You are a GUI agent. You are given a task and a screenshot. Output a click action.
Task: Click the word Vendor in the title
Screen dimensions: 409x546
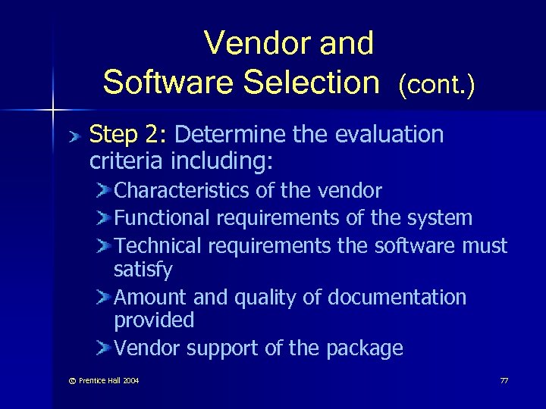[x=247, y=43]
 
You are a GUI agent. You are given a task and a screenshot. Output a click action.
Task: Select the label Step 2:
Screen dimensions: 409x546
[x=127, y=135]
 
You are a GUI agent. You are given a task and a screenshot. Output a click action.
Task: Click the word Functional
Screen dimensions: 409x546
[x=162, y=218]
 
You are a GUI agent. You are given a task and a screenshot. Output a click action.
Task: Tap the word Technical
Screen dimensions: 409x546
[x=158, y=245]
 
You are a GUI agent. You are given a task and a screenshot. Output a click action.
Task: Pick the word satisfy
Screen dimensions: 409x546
[x=143, y=270]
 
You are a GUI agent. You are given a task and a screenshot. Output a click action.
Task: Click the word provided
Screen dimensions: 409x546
[x=154, y=320]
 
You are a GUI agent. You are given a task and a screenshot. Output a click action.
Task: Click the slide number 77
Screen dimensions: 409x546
[x=504, y=380]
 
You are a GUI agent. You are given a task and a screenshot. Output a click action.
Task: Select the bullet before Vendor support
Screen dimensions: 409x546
[x=104, y=348]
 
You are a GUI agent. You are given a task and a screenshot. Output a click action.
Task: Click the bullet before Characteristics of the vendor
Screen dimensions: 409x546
[x=104, y=190]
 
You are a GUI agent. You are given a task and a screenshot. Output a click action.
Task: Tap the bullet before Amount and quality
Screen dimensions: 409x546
[x=104, y=297]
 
